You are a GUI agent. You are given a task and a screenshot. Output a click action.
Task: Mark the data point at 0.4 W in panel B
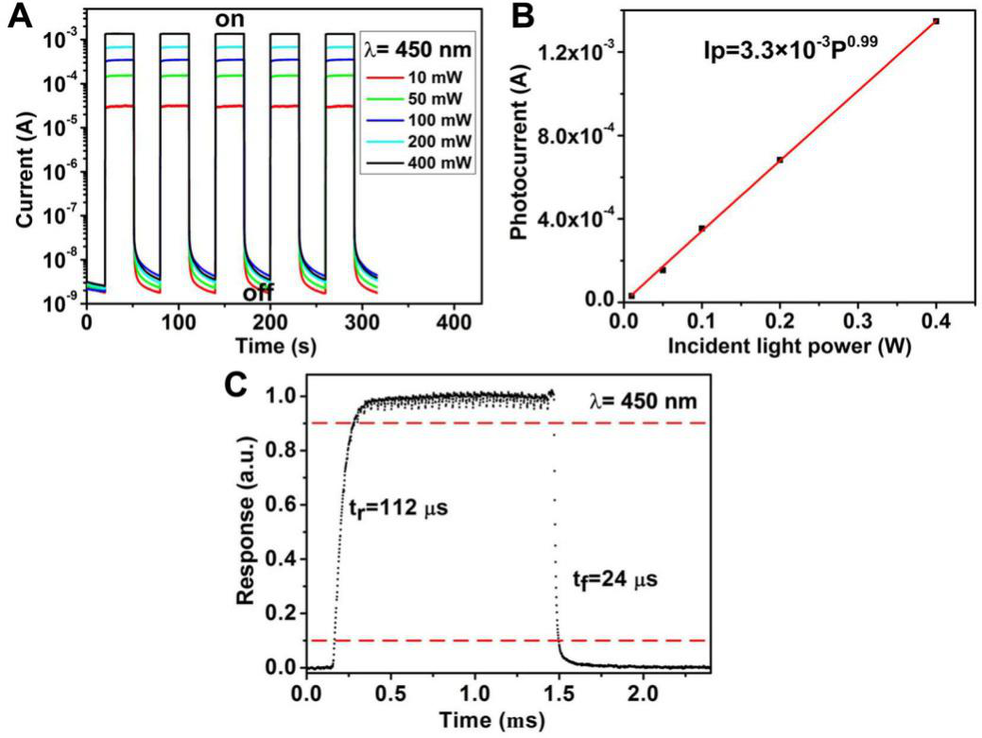click(936, 21)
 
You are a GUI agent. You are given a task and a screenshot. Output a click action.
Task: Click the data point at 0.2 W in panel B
click(780, 160)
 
